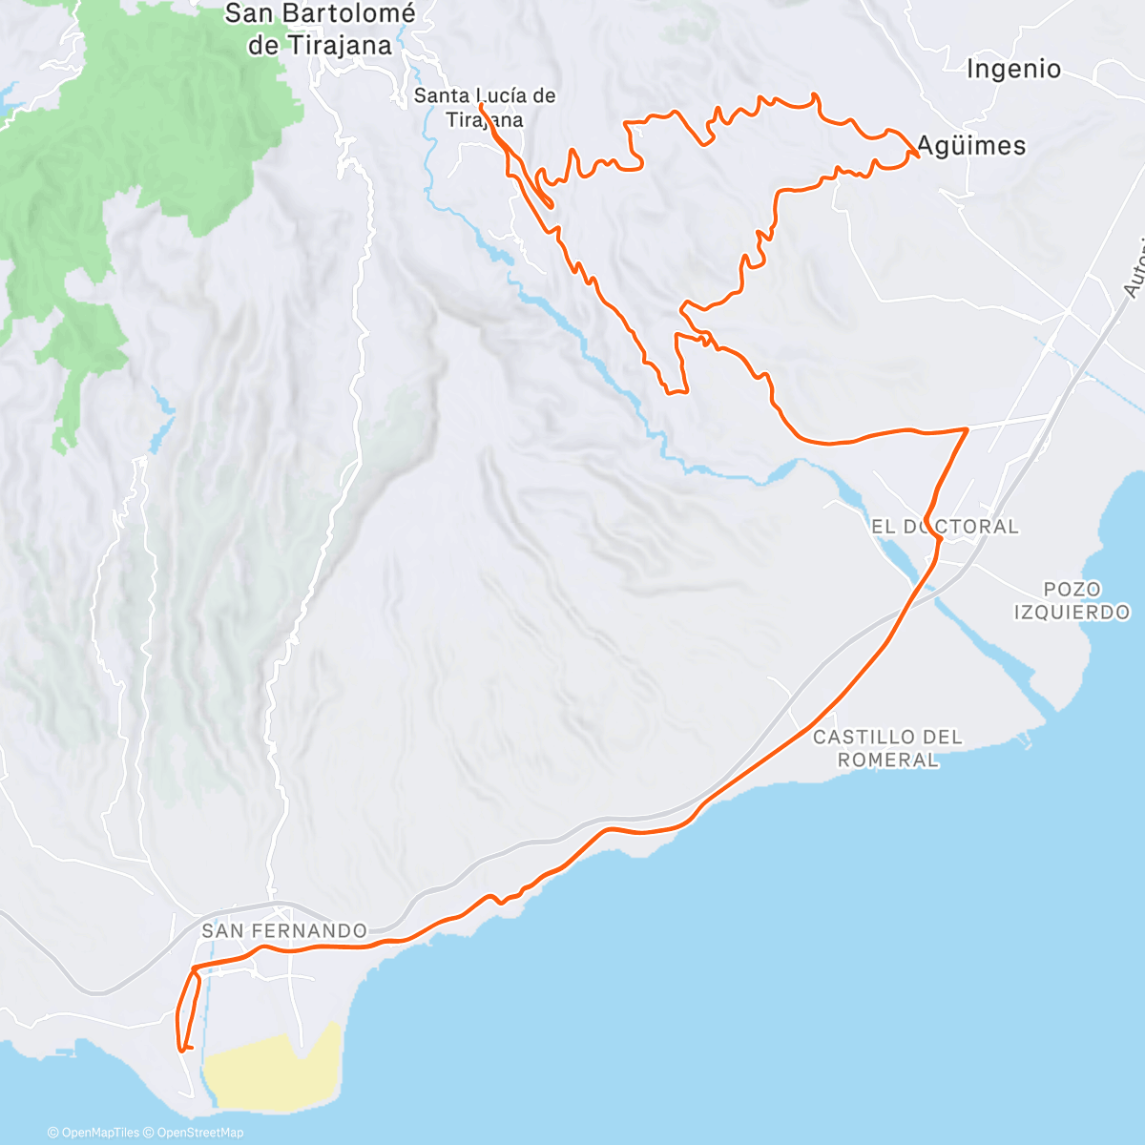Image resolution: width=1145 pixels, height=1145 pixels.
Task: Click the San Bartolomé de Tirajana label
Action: point(320,30)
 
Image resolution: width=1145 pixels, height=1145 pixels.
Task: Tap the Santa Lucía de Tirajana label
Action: point(485,107)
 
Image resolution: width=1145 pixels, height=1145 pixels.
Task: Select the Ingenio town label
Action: point(1013,69)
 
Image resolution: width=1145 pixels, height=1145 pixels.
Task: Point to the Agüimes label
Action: point(971,146)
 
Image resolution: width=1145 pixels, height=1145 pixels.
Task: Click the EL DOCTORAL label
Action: point(945,527)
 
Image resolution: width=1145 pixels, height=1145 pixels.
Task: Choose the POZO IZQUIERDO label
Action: point(1072,601)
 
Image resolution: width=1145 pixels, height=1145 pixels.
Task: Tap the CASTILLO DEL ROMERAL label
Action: point(887,748)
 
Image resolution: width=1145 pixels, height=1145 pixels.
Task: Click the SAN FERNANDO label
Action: point(284,930)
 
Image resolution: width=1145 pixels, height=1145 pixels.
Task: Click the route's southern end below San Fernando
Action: point(181,1049)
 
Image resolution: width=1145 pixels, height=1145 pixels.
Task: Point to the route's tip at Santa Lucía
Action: point(481,107)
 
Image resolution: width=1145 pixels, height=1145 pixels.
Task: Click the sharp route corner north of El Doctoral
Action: point(967,430)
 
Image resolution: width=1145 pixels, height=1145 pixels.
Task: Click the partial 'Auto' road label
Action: point(1133,277)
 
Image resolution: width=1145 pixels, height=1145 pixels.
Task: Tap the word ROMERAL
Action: point(887,760)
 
